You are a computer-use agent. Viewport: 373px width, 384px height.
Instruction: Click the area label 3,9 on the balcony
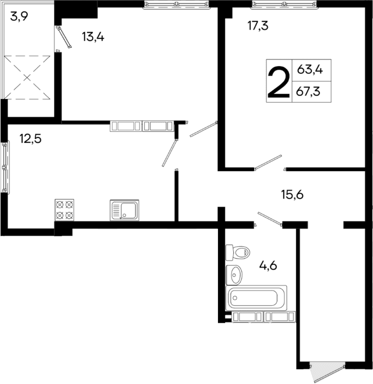[20, 16]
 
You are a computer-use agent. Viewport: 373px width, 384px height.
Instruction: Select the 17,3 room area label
[258, 25]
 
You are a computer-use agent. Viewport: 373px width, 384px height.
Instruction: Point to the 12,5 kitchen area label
[30, 138]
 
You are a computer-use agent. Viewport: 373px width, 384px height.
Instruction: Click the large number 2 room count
[278, 81]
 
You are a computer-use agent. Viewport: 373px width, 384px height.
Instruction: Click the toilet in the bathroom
[237, 251]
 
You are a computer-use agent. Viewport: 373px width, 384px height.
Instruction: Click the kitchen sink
[125, 210]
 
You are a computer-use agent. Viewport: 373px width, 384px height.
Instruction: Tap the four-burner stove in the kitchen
[65, 210]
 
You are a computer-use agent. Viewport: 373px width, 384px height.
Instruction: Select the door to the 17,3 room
[268, 163]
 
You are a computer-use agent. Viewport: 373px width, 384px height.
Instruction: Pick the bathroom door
[269, 219]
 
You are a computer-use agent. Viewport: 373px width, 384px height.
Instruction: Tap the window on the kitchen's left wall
[5, 167]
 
